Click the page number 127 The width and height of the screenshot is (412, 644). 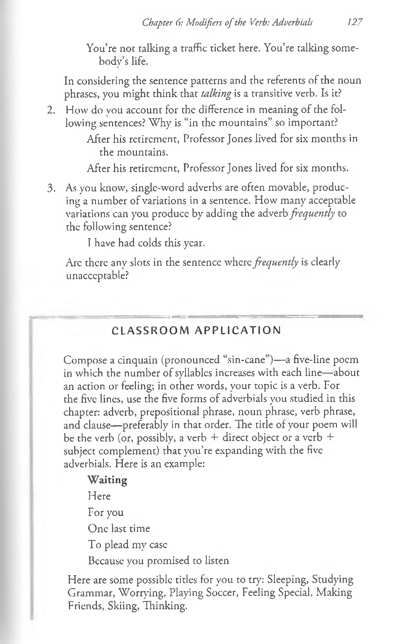tap(355, 22)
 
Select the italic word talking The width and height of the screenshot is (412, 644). tap(216, 94)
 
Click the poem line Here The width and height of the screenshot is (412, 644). tap(99, 496)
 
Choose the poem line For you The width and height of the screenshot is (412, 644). tap(106, 512)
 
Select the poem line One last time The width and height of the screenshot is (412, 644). tap(119, 528)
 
